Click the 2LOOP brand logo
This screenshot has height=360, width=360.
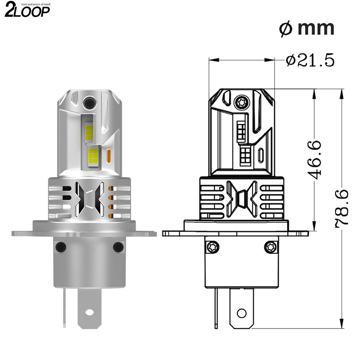point(27,10)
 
